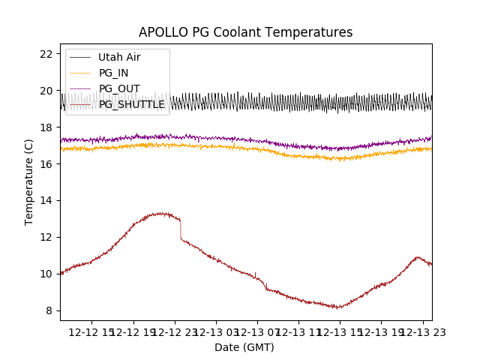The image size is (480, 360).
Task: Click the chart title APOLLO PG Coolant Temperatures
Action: tap(245, 32)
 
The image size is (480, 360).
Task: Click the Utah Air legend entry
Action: tap(119, 57)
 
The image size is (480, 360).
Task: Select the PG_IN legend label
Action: tap(114, 73)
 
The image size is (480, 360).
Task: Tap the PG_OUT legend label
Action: tap(118, 88)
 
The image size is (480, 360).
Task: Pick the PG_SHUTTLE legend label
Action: tap(132, 104)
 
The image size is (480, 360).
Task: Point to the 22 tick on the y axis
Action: tap(46, 54)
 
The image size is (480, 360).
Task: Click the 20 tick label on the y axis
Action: tap(46, 91)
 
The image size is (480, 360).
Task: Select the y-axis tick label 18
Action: tap(46, 127)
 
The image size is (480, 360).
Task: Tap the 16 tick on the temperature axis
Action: tap(46, 163)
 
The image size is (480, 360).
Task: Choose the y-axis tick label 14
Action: tap(46, 200)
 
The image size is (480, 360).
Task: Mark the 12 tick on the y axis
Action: tap(46, 237)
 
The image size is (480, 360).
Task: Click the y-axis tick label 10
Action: tap(46, 274)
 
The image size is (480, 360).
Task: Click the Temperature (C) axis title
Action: tap(29, 182)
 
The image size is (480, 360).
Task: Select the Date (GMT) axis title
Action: tap(244, 347)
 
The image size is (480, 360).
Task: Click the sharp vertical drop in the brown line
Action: tap(180, 229)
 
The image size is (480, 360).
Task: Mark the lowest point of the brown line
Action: tap(339, 307)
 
